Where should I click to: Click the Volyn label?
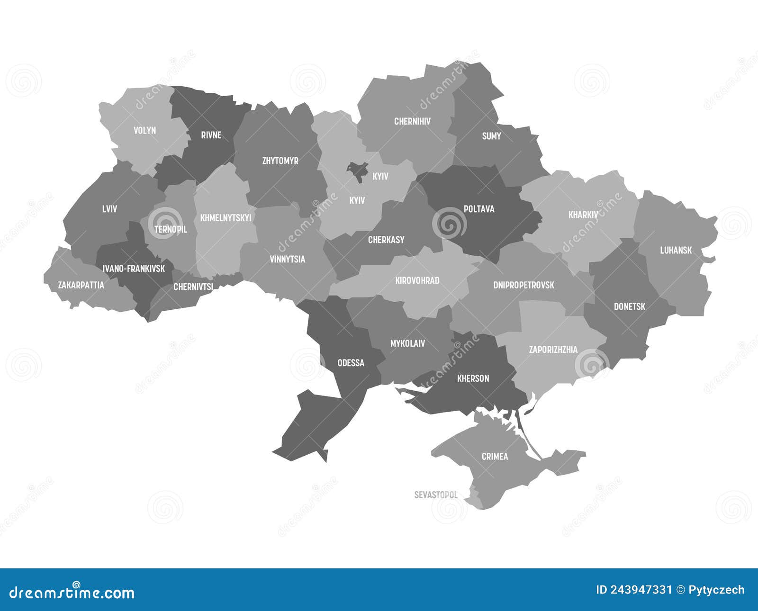pyautogui.click(x=144, y=130)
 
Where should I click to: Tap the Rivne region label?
pyautogui.click(x=211, y=135)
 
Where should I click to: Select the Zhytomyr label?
pyautogui.click(x=280, y=161)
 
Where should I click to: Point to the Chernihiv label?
pyautogui.click(x=412, y=121)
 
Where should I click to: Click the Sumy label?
pyautogui.click(x=491, y=136)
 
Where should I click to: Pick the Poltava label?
pyautogui.click(x=479, y=209)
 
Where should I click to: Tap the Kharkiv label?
pyautogui.click(x=583, y=215)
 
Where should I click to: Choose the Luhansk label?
pyautogui.click(x=676, y=250)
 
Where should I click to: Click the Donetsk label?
pyautogui.click(x=630, y=306)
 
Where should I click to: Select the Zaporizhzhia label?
pyautogui.click(x=553, y=350)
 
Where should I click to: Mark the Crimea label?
pyautogui.click(x=495, y=456)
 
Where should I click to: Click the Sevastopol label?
pyautogui.click(x=436, y=495)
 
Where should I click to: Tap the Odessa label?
pyautogui.click(x=351, y=363)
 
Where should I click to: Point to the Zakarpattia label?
pyautogui.click(x=81, y=285)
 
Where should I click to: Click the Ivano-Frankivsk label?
pyautogui.click(x=134, y=269)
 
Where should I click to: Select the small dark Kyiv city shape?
pyautogui.click(x=357, y=171)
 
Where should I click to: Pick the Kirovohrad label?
pyautogui.click(x=417, y=280)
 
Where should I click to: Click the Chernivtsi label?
pyautogui.click(x=193, y=287)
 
